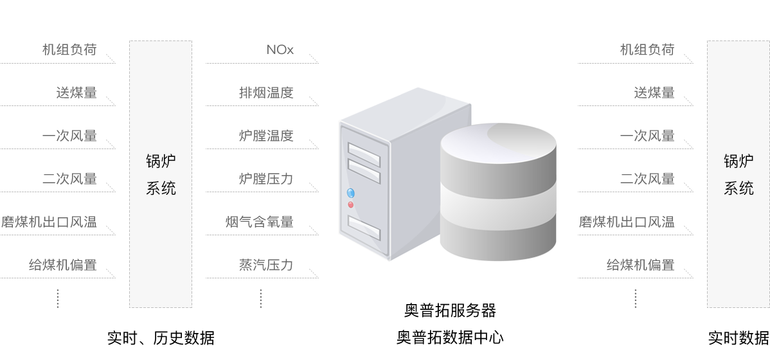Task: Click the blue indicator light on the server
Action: coord(350,192)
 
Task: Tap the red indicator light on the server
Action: coord(350,204)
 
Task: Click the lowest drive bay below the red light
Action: coord(364,226)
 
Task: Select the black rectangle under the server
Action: coord(452,323)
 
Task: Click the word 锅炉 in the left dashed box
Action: coord(161,161)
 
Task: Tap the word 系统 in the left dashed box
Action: coord(161,188)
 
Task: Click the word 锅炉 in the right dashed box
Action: coord(739,161)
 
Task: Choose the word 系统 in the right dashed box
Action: coord(739,188)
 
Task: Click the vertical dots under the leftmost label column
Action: coord(58,298)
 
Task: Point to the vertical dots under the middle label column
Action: coord(261,298)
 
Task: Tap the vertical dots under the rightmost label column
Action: coord(635,298)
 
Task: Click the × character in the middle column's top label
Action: coord(289,50)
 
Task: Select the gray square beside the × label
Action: coord(314,58)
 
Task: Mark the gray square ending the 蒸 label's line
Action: coord(314,273)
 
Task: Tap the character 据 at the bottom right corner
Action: coord(763,338)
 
